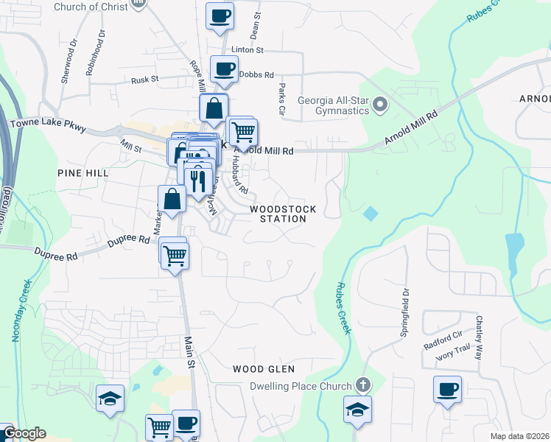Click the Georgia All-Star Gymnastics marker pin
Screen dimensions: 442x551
tap(380, 105)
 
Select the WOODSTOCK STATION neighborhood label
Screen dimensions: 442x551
tap(283, 214)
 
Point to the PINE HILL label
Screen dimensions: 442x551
tap(83, 172)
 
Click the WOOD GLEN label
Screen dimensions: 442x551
tap(264, 369)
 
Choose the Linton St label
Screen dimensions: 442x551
tap(248, 50)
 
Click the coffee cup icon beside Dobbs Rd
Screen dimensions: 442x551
tap(224, 70)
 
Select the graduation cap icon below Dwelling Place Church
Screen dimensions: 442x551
tap(357, 409)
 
